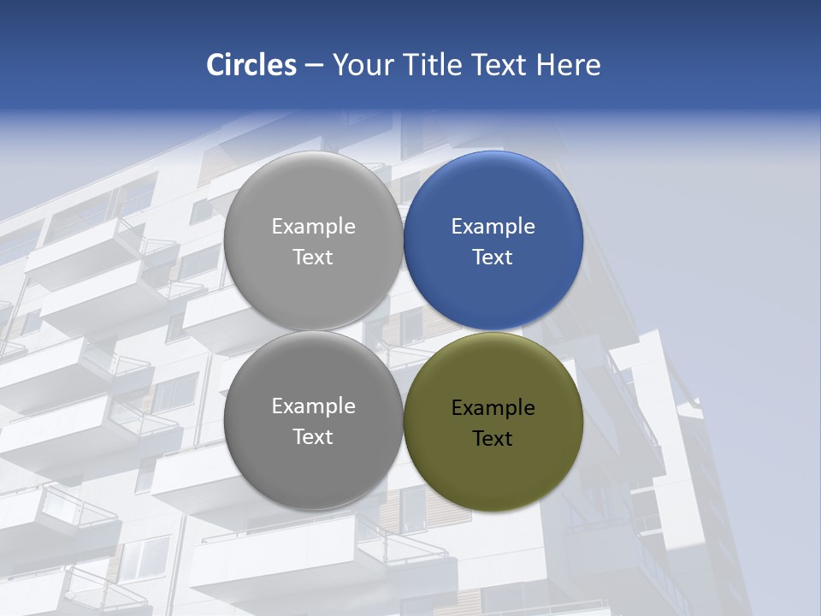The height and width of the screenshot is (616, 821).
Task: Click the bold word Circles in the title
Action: pos(251,65)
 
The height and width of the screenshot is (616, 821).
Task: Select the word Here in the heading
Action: pos(568,65)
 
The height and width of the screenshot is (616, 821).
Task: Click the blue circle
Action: pos(493,240)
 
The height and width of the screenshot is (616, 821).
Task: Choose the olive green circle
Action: pos(493,421)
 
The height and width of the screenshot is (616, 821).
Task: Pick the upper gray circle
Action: pos(313,240)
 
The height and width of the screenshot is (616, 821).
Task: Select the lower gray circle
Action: pos(313,421)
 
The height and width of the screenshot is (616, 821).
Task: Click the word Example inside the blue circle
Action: pos(493,227)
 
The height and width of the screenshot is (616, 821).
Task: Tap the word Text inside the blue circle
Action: pos(493,257)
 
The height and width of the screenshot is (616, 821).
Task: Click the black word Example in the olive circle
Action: pos(493,408)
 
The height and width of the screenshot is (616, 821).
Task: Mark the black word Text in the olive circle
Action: pos(493,438)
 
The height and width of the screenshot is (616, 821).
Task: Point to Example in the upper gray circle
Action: pos(313,227)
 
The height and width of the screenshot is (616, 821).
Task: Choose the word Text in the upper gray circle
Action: pos(313,257)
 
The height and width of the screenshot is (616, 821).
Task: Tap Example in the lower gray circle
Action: pos(313,406)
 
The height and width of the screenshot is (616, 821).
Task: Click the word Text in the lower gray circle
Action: pos(313,436)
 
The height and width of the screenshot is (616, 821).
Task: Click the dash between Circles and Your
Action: pos(314,66)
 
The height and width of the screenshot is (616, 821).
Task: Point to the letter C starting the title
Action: pos(216,65)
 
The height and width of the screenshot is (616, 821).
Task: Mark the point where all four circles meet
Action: pos(403,331)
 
